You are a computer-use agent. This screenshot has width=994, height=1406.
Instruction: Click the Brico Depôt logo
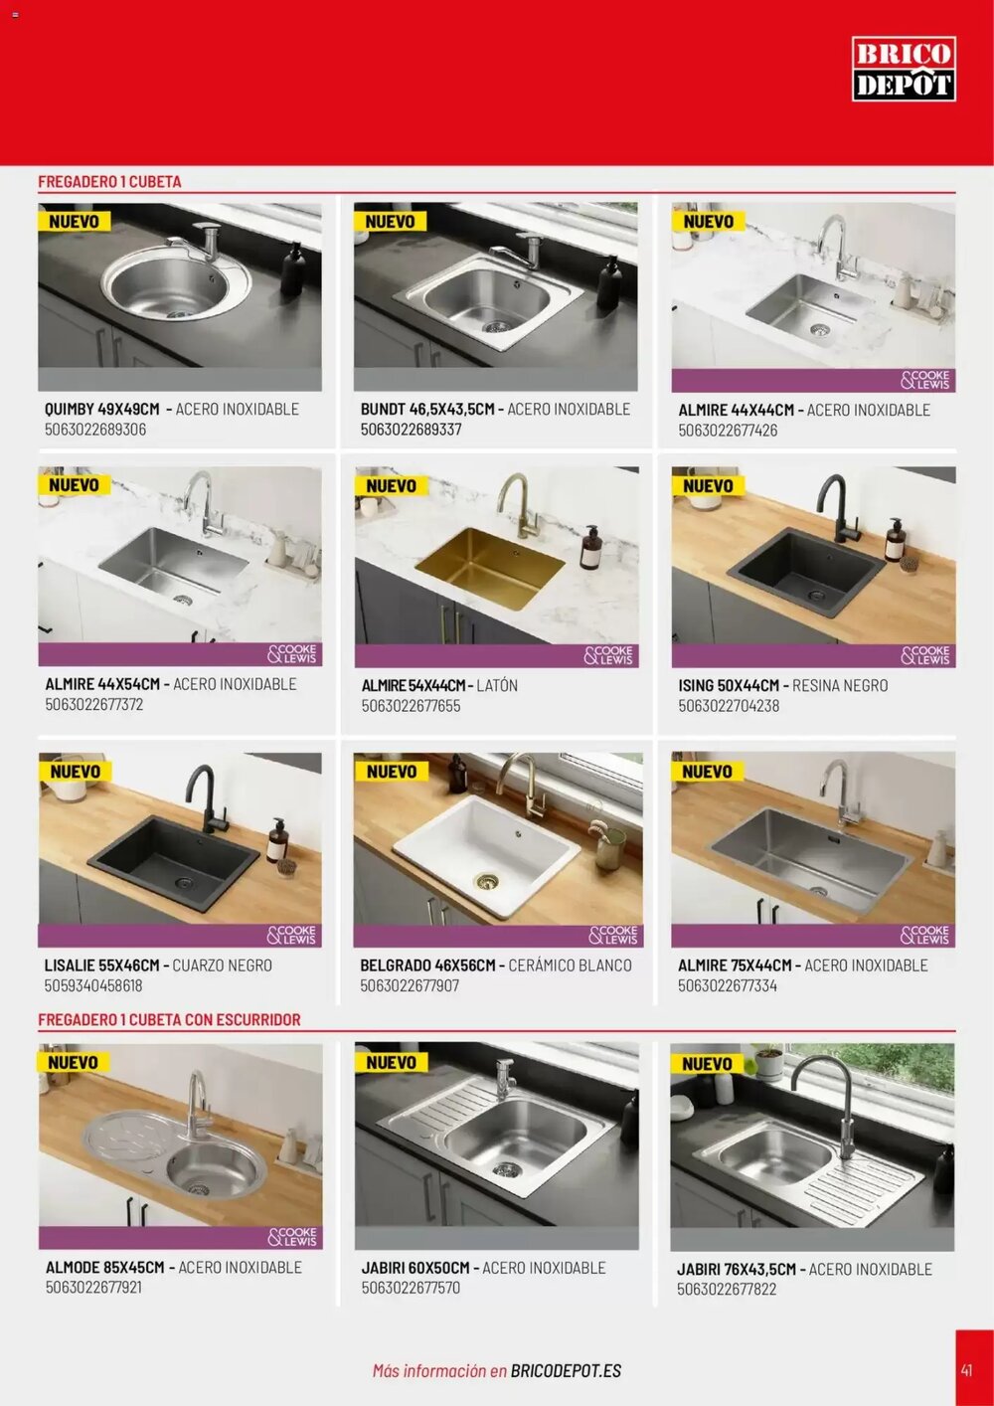(904, 69)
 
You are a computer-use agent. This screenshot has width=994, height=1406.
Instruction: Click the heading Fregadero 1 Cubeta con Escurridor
(169, 1019)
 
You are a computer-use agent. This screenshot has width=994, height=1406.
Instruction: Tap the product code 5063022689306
(95, 430)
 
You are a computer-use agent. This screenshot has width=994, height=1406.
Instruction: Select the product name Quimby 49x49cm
(101, 409)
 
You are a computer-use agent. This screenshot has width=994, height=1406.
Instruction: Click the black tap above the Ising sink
(835, 508)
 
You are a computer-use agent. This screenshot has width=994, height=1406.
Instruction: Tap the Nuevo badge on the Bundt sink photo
(391, 221)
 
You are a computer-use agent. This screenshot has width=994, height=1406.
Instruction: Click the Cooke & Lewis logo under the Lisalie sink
(292, 936)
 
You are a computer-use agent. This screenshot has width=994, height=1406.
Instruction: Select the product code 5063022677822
(727, 1290)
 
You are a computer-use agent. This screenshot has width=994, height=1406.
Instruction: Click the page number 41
(967, 1370)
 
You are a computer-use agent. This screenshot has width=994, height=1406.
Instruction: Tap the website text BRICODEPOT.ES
(566, 1371)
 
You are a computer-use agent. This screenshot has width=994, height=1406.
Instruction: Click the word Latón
(497, 685)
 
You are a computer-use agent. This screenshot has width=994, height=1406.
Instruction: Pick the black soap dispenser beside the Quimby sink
(292, 269)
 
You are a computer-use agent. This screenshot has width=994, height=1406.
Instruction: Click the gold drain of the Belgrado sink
(486, 881)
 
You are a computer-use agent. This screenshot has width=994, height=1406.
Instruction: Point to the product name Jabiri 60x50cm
(415, 1268)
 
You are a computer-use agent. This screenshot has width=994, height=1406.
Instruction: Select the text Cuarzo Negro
(222, 966)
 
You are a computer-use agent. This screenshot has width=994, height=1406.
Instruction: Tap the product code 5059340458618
(93, 985)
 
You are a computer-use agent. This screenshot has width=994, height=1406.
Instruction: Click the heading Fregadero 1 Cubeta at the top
(109, 181)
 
